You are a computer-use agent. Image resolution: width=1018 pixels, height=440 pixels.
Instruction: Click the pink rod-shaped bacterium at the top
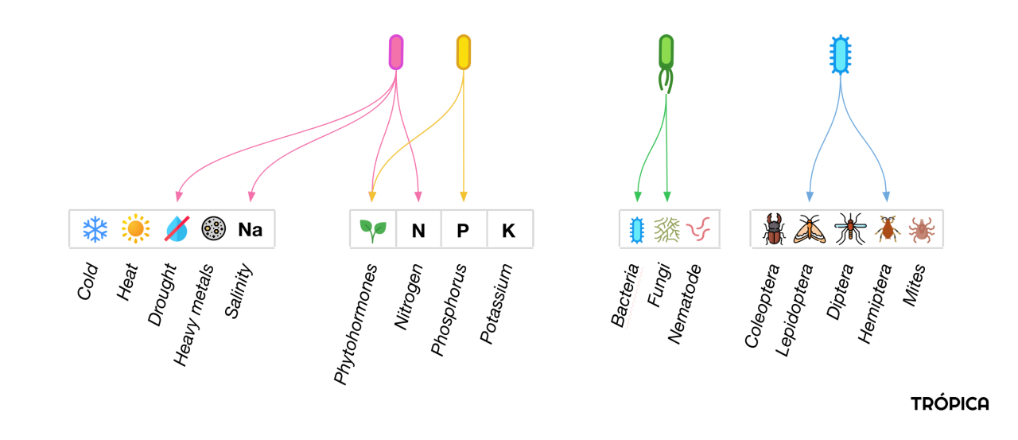(x=396, y=53)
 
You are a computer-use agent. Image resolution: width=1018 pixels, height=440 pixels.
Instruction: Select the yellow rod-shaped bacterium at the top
(x=463, y=53)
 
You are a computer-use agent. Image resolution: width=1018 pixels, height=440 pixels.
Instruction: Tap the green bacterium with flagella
(x=666, y=64)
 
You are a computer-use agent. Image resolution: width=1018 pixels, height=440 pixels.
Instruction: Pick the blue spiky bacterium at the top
(x=841, y=55)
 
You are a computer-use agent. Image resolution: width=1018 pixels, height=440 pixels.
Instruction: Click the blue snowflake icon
(x=95, y=229)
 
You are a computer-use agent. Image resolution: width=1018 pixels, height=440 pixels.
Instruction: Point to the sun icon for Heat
(x=135, y=228)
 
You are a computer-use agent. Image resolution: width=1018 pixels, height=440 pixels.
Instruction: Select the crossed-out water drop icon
(x=177, y=228)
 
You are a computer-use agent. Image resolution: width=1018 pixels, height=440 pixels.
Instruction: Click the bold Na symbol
(x=251, y=229)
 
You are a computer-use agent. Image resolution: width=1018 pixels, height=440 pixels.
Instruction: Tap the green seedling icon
(x=373, y=231)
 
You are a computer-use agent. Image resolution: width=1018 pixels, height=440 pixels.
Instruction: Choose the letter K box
(x=510, y=229)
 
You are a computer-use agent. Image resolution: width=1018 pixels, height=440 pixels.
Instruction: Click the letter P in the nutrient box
(x=463, y=231)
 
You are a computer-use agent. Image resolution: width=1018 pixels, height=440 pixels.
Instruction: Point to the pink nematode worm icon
(x=698, y=228)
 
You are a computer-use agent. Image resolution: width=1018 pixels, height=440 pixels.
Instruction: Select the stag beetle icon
(x=774, y=229)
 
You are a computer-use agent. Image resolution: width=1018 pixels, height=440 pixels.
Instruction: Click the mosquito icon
(x=850, y=228)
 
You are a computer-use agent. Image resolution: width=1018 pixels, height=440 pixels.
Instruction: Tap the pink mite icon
(x=921, y=229)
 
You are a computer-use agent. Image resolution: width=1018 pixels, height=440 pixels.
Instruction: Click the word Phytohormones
(x=355, y=324)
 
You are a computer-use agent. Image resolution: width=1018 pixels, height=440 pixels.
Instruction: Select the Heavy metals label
(x=193, y=314)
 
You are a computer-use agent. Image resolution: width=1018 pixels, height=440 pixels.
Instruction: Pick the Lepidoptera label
(x=794, y=310)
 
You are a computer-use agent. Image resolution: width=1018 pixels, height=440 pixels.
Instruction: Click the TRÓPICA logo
(x=950, y=403)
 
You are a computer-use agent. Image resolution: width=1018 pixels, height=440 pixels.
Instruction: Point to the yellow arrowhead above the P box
(x=463, y=197)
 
